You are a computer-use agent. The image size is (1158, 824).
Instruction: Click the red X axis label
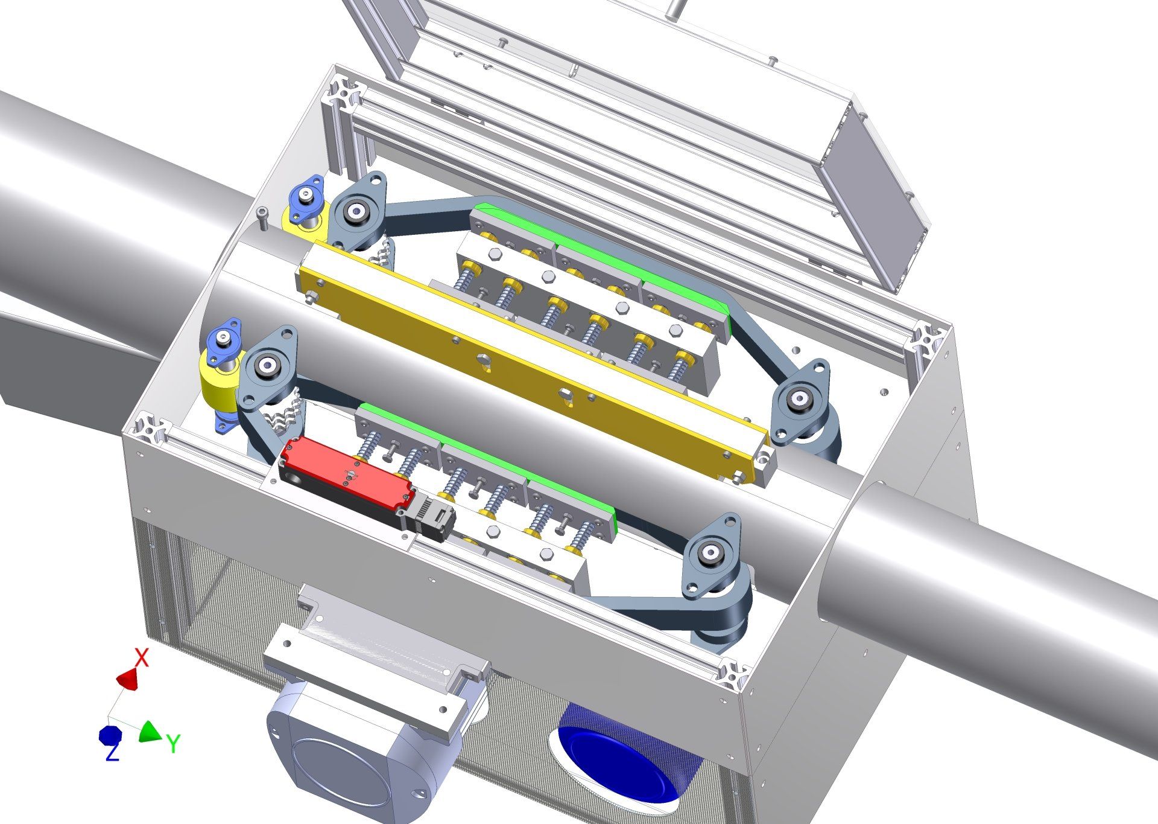coord(141,657)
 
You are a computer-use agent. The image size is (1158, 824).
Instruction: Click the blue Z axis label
coord(112,752)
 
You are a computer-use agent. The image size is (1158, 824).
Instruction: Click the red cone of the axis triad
coord(128,679)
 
